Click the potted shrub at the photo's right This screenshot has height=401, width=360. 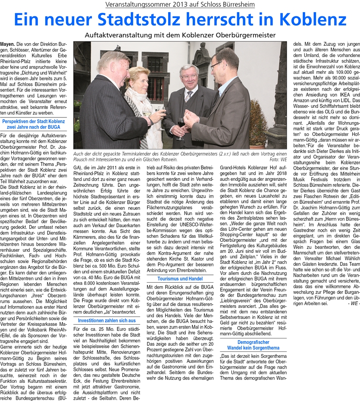[258, 125]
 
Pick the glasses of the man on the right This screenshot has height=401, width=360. [217, 65]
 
